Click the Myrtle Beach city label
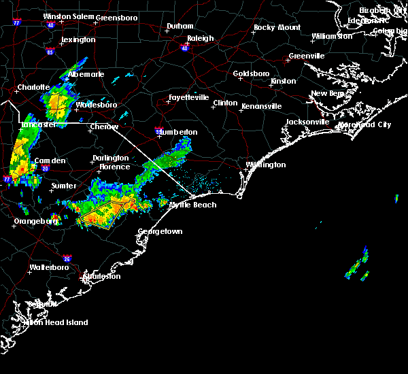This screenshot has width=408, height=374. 192,205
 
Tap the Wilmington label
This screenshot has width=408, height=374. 267,165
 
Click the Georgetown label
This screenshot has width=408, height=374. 160,232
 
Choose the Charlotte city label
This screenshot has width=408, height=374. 33,87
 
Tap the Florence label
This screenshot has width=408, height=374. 114,167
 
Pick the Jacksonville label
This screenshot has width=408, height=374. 307,122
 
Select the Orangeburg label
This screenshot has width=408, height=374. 35,221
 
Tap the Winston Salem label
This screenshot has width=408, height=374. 68,16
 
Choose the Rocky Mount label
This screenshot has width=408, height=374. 277,28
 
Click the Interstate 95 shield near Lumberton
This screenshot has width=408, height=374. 158,127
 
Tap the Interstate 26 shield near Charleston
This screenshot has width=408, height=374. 67,258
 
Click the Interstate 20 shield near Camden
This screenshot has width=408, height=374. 45,168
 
